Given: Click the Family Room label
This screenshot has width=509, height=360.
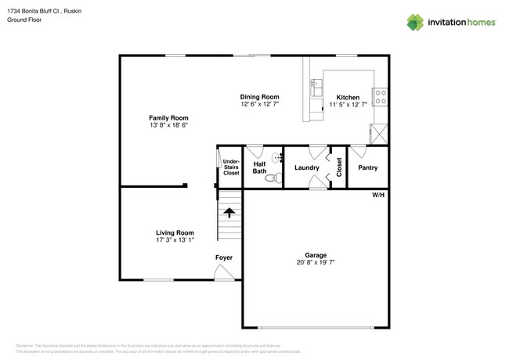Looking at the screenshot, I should (168, 117).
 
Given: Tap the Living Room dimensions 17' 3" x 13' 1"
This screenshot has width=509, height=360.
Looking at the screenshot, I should (174, 240).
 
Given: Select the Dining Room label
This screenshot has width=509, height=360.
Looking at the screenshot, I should (259, 97).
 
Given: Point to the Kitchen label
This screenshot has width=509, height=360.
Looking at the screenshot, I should (348, 97).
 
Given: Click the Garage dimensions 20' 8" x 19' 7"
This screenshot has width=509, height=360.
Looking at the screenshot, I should (316, 263).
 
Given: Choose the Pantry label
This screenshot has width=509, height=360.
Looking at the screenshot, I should (367, 167).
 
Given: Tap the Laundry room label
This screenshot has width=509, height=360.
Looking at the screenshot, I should (306, 167).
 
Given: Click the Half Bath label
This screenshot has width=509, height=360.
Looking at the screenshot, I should (259, 167).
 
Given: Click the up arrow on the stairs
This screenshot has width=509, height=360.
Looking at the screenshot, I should (229, 211).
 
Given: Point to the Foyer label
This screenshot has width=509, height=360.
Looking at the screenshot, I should (224, 257).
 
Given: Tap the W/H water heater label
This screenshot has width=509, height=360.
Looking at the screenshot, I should (377, 194).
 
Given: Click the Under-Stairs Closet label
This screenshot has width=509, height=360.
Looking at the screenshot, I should (231, 167).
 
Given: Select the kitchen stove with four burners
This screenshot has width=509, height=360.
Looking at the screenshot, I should (380, 96).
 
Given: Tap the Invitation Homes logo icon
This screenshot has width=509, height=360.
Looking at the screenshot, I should (415, 23).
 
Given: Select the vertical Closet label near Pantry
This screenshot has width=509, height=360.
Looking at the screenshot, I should (339, 167).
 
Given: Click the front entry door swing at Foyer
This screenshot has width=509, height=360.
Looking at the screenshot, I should (225, 273).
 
